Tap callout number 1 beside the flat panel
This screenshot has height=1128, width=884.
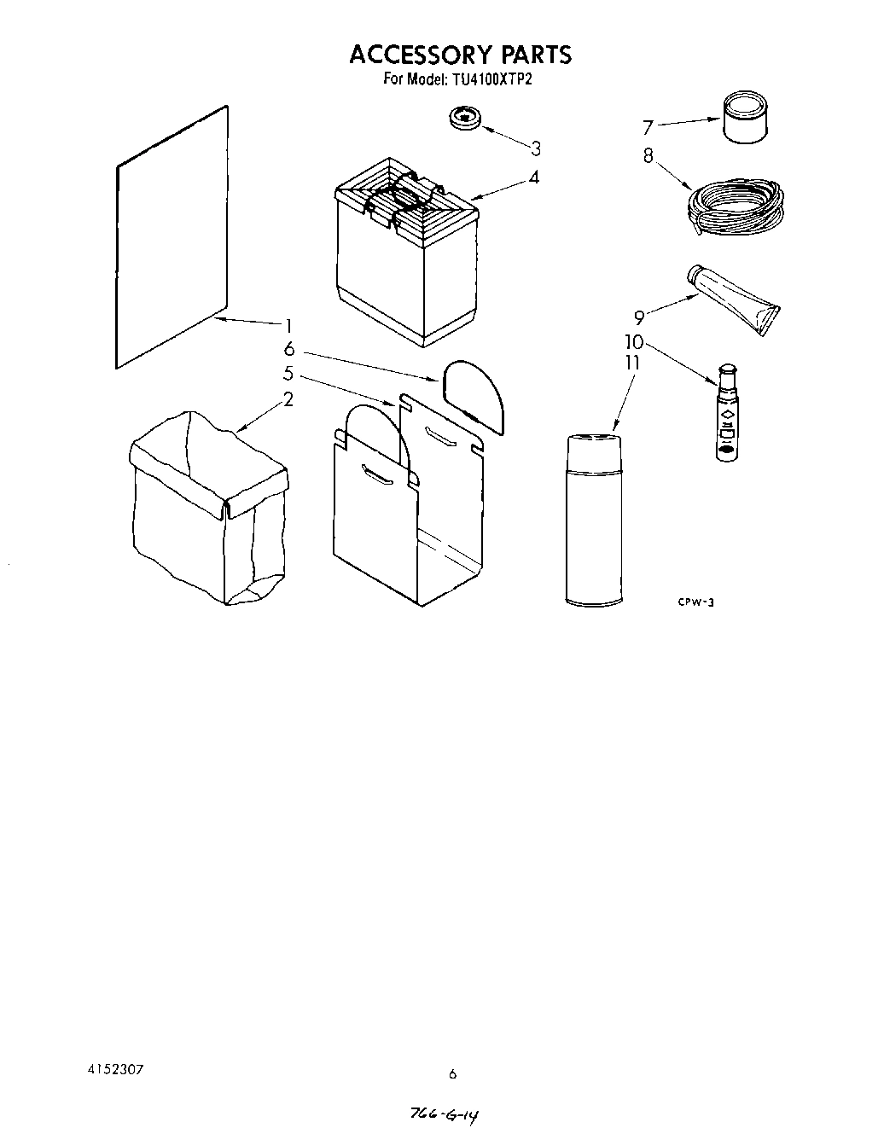coord(289,325)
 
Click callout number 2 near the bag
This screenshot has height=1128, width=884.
coord(288,398)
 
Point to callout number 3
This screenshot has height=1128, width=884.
coord(535,148)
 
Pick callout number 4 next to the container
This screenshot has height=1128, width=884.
coord(533,177)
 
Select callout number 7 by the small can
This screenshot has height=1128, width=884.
coord(648,128)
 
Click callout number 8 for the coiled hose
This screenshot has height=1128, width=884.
coord(648,156)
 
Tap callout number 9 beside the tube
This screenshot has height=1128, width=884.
coord(639,317)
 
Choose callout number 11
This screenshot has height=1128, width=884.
coord(631,363)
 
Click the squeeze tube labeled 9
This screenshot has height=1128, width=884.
coord(735,299)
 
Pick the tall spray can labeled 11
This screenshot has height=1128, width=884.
coord(595,520)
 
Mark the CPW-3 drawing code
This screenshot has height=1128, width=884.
coord(695,602)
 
